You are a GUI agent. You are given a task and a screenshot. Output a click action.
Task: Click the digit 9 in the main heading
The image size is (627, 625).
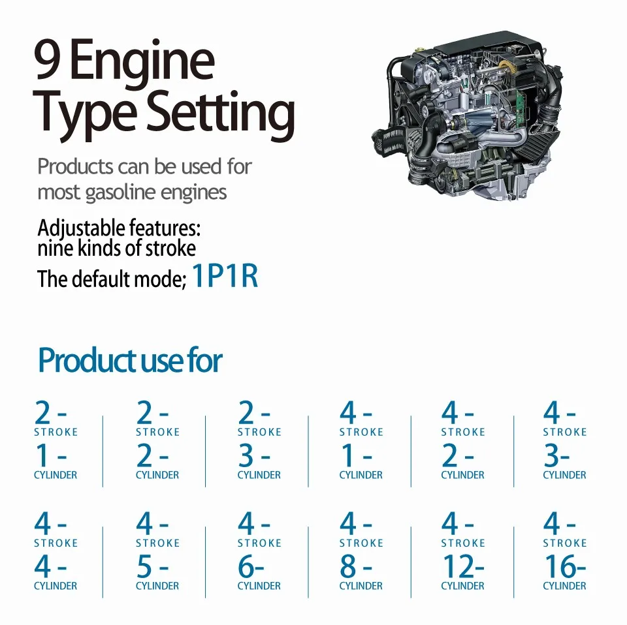47,59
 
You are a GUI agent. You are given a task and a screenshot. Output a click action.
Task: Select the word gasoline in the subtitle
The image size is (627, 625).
120,192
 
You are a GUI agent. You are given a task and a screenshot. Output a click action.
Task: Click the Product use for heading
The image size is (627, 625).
131,360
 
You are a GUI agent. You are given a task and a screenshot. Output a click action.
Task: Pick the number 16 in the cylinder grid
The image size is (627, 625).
560,566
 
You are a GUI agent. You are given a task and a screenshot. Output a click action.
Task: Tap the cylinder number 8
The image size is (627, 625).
348,566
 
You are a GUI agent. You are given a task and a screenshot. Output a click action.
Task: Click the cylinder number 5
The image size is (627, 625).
144,566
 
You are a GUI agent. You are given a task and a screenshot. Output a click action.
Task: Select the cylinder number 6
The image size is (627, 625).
246,566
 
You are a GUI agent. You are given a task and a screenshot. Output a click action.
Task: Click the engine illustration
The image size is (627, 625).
467,116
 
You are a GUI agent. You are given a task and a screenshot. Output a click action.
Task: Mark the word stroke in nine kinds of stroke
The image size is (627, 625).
170,249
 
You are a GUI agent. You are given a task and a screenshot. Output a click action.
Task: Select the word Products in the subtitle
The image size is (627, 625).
75,167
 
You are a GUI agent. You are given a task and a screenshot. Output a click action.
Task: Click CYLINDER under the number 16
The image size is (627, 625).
564,586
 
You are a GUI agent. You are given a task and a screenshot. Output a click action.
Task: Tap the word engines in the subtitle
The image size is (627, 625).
193,192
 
